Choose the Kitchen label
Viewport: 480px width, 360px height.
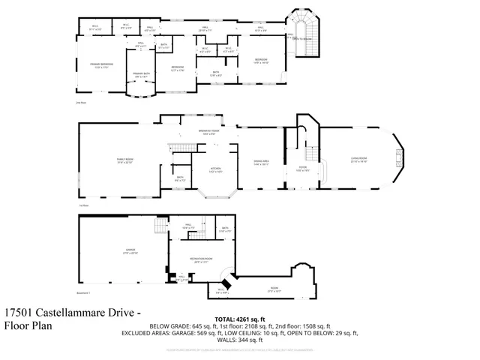[x=215, y=169]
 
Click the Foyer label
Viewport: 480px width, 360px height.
[x=303, y=169]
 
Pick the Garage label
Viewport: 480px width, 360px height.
[x=120, y=253]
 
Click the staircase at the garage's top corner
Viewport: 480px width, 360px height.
[x=159, y=226]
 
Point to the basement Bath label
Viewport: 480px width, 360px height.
[x=225, y=229]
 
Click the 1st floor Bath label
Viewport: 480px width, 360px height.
[x=180, y=178]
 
